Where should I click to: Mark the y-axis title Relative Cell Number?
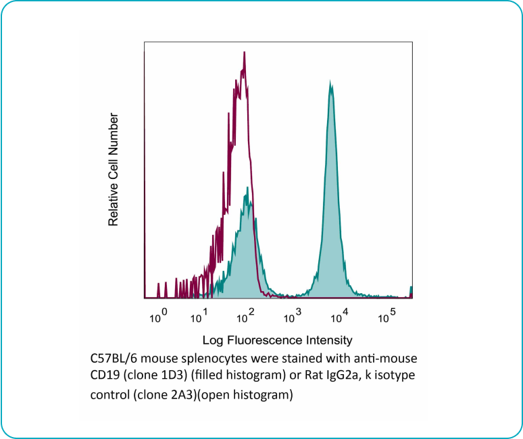(114, 170)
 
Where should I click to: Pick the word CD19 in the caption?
(103, 375)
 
